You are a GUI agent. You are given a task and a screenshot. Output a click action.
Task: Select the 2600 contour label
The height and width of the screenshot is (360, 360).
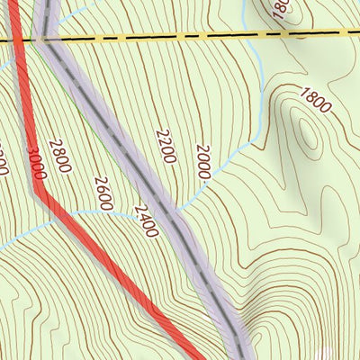tap(103, 193)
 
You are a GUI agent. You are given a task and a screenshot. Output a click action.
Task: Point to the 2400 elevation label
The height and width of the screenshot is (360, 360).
tap(145, 221)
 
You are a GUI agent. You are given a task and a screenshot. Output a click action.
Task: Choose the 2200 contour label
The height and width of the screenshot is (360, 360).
tap(165, 145)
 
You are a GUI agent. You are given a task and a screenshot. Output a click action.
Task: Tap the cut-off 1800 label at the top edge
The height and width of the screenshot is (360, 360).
tap(280, 7)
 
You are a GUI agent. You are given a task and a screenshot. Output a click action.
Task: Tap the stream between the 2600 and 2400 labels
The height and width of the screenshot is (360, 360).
tap(121, 212)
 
